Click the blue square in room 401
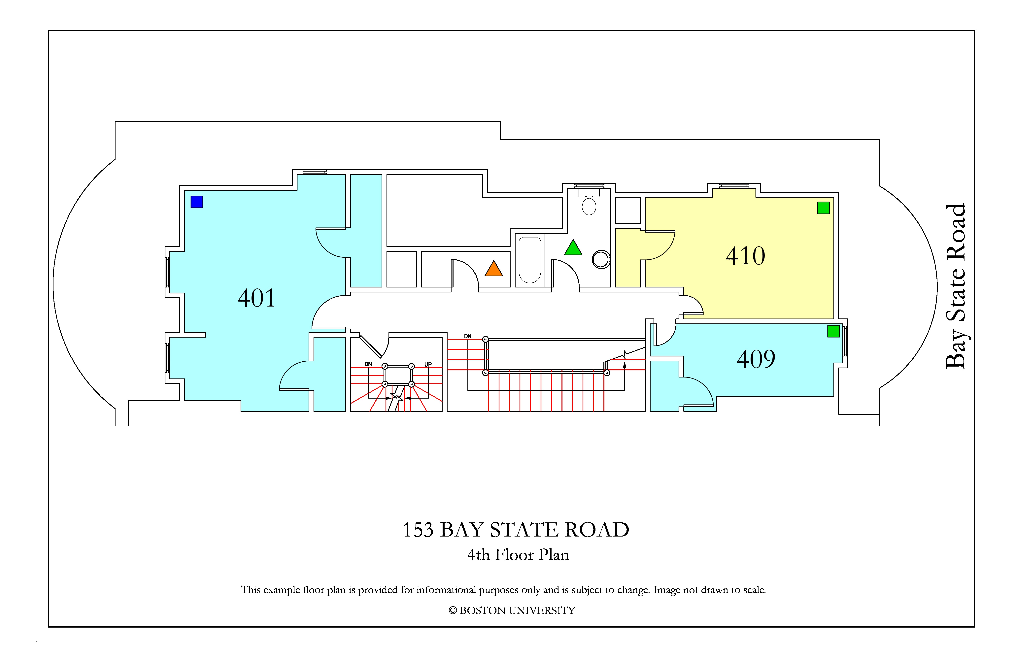point(197,202)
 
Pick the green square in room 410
point(824,208)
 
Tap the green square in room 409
point(833,331)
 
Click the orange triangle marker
point(494,269)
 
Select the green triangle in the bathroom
point(573,248)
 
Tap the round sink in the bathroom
point(601,259)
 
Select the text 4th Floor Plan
point(518,555)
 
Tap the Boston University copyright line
point(512,610)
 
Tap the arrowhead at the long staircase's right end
point(625,365)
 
